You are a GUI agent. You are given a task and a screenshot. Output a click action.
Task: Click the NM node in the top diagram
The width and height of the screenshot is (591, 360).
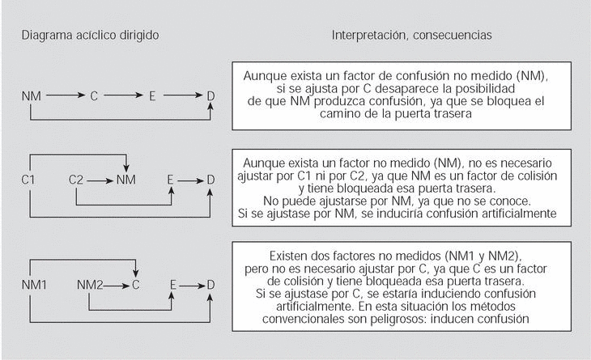[32, 96]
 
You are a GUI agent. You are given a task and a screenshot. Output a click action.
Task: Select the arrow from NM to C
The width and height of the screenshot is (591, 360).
[66, 96]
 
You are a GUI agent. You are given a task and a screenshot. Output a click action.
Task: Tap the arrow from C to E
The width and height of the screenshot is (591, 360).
[122, 96]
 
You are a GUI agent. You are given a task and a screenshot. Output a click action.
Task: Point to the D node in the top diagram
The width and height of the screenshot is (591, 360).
[210, 96]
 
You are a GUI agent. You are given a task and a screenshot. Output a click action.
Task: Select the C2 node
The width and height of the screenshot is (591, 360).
[76, 179]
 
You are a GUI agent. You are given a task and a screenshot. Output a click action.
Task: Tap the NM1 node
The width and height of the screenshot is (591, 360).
[34, 284]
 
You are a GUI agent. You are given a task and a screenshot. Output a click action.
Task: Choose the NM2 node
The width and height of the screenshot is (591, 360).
[89, 284]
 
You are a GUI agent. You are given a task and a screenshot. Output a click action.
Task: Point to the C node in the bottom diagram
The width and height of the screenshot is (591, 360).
[136, 284]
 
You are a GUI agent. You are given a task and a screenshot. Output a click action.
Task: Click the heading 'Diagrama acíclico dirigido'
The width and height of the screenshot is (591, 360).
[90, 36]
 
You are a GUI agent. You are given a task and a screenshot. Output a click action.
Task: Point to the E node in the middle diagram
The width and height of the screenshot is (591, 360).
[170, 179]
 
